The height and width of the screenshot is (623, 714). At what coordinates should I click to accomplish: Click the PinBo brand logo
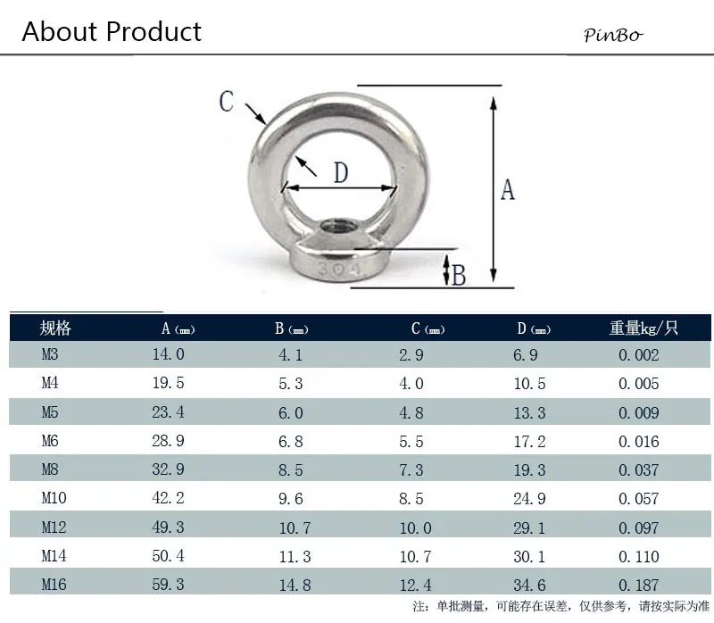(x=613, y=35)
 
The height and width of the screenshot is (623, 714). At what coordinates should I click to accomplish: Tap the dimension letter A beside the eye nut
(x=508, y=190)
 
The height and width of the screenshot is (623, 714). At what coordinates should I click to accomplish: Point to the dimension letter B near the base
(x=459, y=275)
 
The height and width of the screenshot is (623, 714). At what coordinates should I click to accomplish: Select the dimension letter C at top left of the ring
(x=227, y=101)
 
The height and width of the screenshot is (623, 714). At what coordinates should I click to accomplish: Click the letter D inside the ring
(x=341, y=172)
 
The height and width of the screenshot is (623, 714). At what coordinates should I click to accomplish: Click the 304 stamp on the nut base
(x=338, y=269)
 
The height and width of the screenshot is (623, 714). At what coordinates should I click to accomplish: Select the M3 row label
(x=50, y=353)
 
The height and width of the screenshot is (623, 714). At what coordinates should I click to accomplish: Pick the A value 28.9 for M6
(x=168, y=440)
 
